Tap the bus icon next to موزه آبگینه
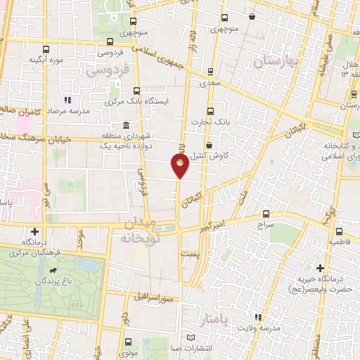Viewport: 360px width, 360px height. tap(46, 49)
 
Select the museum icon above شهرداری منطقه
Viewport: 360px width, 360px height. tap(126, 126)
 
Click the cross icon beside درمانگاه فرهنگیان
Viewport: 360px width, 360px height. tap(34, 231)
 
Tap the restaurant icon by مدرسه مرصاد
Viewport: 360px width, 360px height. tap(67, 100)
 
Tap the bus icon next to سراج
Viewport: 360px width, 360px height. tap(265, 214)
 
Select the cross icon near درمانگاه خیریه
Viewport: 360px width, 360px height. tap(320, 268)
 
